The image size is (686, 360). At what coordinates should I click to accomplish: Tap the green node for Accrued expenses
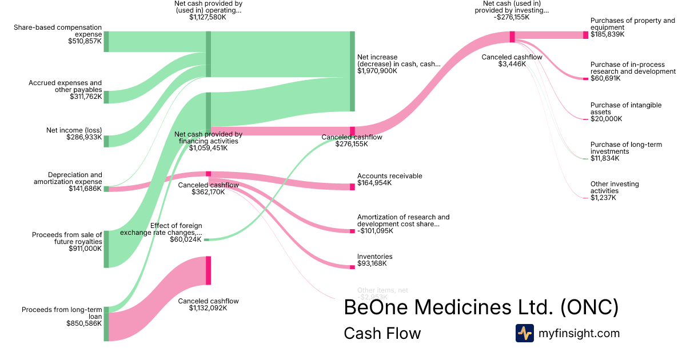(106, 97)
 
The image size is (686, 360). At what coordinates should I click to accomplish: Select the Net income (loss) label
(74, 130)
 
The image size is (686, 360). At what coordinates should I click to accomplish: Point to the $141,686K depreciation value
(85, 189)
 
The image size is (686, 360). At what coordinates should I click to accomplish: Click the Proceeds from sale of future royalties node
(106, 249)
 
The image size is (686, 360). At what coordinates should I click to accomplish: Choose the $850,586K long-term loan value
(85, 323)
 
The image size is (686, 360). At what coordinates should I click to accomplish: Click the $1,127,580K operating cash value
(208, 17)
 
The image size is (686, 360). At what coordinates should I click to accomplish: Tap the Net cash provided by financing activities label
(208, 138)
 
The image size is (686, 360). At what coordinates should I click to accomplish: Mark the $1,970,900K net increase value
(377, 71)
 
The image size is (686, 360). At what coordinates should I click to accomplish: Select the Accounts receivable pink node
(352, 186)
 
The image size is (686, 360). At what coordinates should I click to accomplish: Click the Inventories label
(374, 257)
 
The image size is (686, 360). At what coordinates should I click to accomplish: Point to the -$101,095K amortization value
(377, 231)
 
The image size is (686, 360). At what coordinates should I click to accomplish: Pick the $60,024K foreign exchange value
(185, 239)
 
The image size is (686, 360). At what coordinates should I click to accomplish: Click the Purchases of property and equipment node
(585, 35)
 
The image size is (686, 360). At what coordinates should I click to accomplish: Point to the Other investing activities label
(615, 187)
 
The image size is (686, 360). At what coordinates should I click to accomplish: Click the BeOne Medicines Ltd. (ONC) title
(481, 307)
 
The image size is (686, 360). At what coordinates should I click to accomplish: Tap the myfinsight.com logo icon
(524, 333)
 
